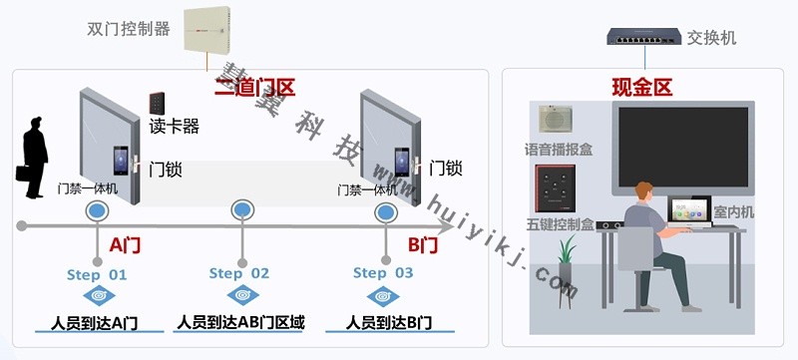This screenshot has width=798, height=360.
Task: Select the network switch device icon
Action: [x=642, y=38]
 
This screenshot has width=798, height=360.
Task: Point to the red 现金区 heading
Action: [x=642, y=88]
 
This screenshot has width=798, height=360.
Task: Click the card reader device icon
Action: [x=158, y=103]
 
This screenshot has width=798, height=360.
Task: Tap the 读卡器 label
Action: [x=175, y=127]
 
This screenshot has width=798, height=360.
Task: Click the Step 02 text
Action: [x=239, y=273]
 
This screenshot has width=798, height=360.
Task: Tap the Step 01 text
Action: [x=97, y=273]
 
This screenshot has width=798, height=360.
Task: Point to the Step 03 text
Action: [x=383, y=273]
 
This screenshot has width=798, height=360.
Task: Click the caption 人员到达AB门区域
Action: [x=239, y=322]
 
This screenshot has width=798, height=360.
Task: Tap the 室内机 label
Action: [x=734, y=212]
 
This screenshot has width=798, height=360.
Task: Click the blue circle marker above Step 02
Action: [x=241, y=210]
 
